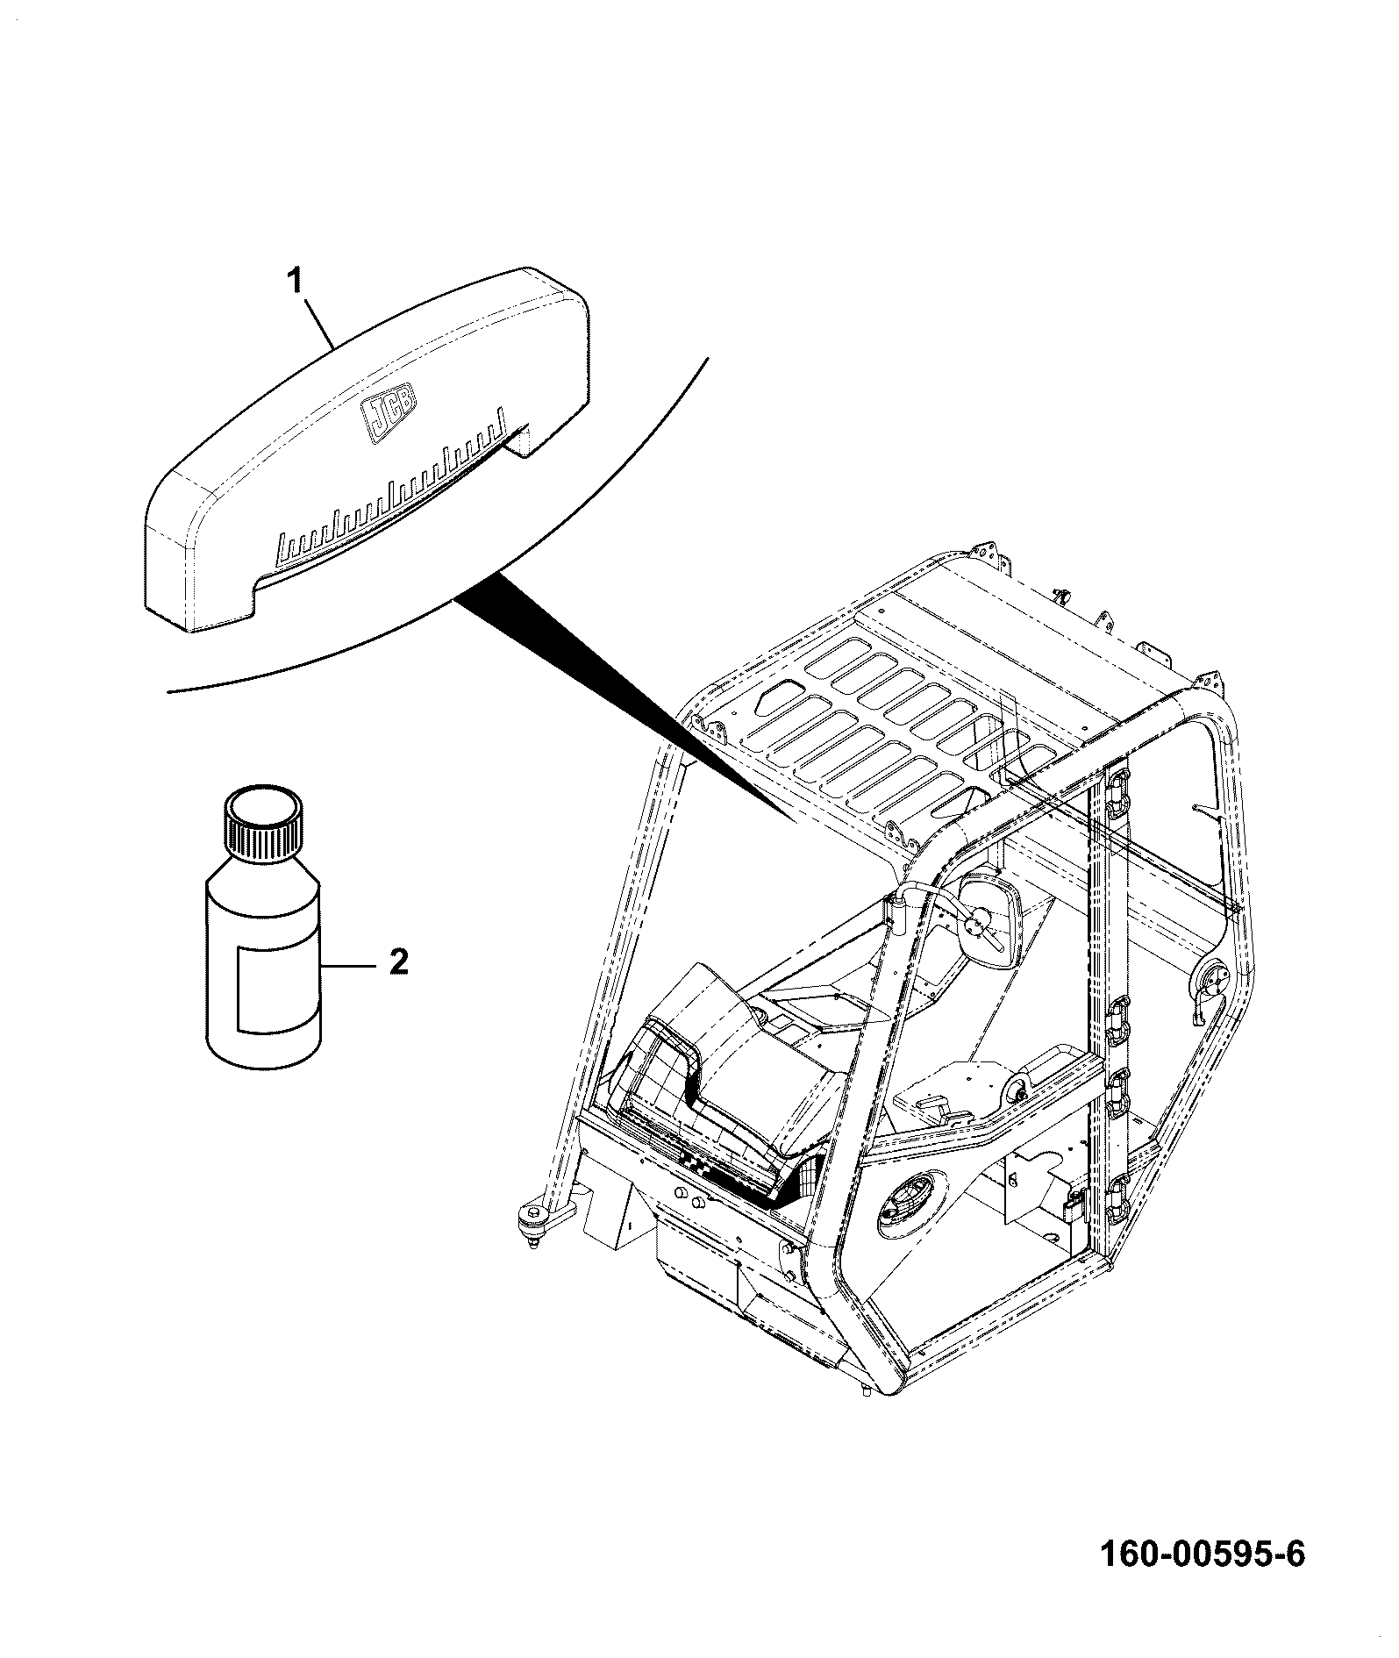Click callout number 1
(296, 282)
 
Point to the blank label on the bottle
(268, 988)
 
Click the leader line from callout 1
(317, 322)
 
